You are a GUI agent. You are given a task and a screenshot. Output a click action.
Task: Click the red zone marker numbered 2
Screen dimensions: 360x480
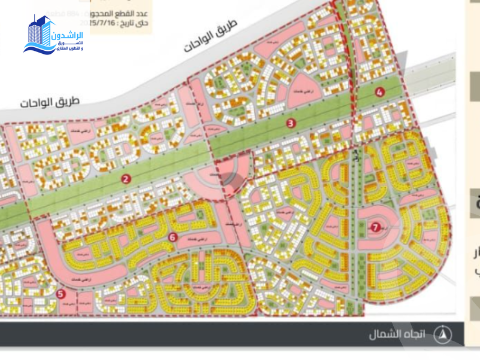coord(126,178)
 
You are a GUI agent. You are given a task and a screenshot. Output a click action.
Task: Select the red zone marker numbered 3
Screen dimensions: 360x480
coord(290,124)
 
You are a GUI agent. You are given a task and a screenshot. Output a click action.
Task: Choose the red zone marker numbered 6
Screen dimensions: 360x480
coord(173,237)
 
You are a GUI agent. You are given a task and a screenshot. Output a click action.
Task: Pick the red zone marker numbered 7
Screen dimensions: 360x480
coord(375,227)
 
